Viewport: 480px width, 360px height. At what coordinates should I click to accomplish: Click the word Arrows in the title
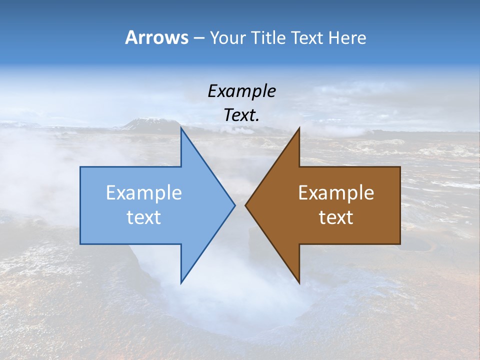point(156,37)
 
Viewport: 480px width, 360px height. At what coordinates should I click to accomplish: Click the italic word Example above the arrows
point(241,91)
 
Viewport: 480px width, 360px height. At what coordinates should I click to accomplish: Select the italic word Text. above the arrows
point(241,115)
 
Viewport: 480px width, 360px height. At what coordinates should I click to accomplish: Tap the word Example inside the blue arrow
point(144,192)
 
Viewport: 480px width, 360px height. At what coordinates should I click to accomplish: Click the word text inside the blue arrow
point(144,217)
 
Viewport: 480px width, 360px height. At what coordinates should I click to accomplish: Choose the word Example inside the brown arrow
point(336,192)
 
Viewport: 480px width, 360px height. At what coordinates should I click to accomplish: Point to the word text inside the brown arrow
point(336,217)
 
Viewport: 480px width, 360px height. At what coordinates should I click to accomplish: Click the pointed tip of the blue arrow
point(234,205)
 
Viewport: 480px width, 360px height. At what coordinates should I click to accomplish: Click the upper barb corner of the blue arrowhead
point(181,128)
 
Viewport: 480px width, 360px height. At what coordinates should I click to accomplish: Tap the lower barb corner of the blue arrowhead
point(181,282)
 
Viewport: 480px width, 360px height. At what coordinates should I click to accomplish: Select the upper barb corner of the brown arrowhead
point(299,128)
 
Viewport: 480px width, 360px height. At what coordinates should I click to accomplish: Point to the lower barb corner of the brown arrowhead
point(299,282)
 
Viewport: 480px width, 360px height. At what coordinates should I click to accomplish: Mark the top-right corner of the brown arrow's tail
point(400,167)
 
